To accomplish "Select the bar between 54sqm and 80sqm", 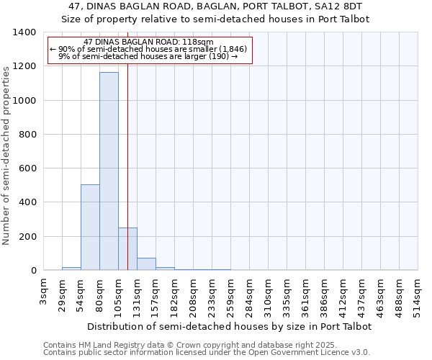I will tap(90, 228).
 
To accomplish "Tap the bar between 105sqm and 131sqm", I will tap(127, 249).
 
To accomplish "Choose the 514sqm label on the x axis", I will tap(418, 294).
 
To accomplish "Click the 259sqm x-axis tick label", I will tap(230, 294).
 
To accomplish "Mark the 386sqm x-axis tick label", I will tap(324, 294).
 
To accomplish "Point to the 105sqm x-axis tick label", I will tap(118, 294).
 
